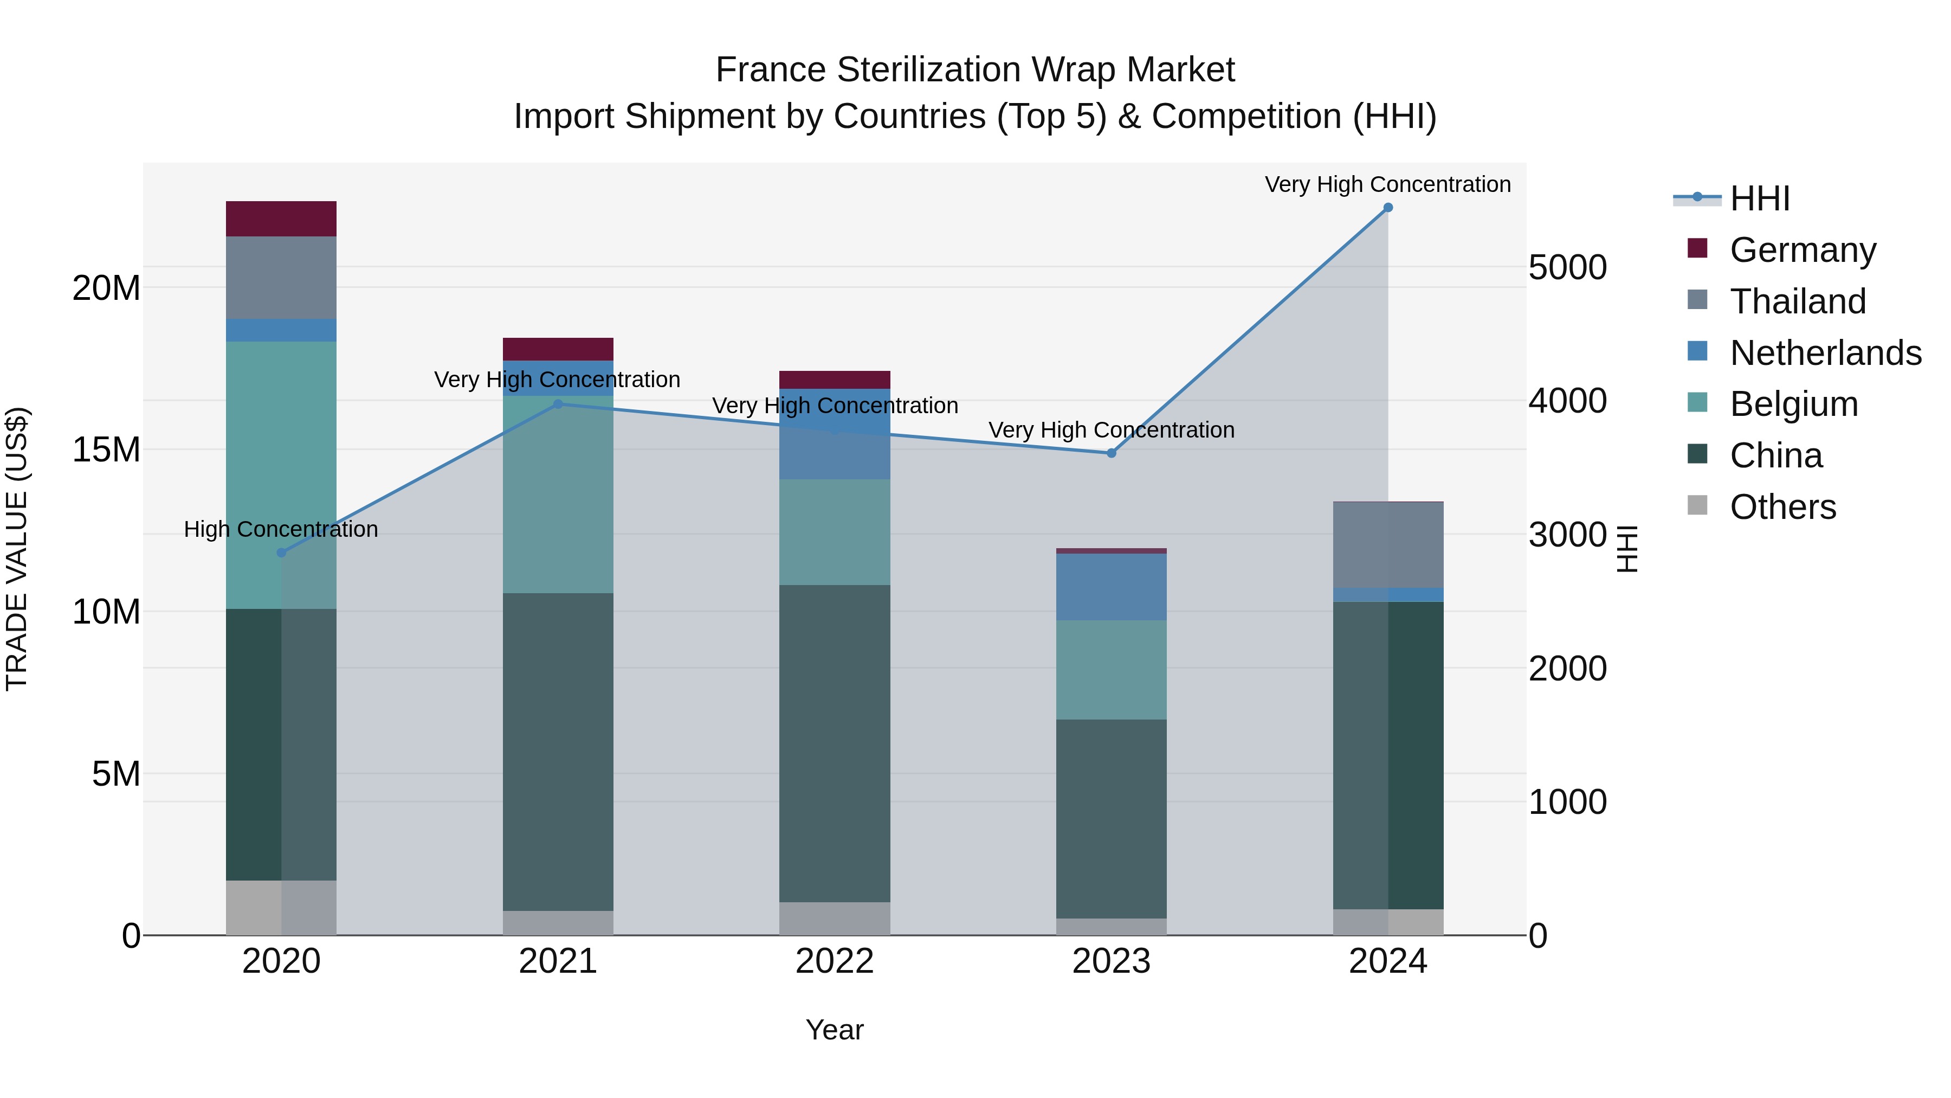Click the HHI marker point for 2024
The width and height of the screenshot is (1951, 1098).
coord(1387,208)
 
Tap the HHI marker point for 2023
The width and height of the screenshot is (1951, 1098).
coord(1111,453)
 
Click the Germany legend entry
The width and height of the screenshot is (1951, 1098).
coord(1803,250)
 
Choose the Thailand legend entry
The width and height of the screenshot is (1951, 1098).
coord(1797,301)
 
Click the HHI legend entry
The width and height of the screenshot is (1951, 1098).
coord(1759,198)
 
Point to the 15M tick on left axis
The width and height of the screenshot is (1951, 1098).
coord(106,450)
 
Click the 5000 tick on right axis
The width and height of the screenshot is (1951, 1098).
coord(1567,267)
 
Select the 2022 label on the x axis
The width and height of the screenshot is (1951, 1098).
coord(835,961)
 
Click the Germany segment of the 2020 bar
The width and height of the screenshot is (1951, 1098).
coord(281,219)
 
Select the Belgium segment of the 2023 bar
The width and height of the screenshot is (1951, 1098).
coord(1111,670)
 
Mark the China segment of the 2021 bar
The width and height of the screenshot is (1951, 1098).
coord(558,752)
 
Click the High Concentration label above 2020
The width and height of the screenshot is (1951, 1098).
coord(281,529)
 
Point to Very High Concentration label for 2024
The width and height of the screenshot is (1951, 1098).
coord(1387,184)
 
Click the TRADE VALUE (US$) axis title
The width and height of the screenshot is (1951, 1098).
coord(17,549)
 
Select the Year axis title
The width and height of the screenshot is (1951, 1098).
coord(835,1030)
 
